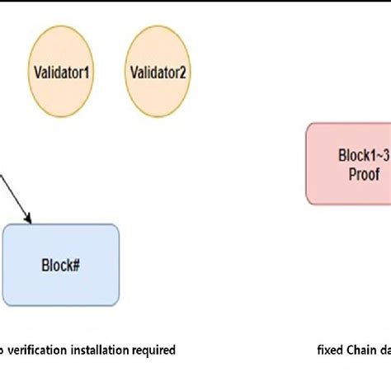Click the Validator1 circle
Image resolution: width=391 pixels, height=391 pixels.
point(62,72)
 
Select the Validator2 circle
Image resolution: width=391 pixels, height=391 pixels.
point(158,72)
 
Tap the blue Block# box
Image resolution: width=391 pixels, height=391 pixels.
point(61,266)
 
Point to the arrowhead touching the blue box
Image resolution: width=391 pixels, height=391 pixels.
point(29,219)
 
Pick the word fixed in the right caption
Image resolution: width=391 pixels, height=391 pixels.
point(330,350)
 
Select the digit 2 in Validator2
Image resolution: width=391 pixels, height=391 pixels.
point(183,72)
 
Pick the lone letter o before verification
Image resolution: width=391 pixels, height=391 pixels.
point(2,351)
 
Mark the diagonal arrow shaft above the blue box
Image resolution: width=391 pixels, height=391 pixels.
point(14,198)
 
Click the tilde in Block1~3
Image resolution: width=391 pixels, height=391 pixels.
point(378,155)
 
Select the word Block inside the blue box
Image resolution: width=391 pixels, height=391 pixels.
point(57,266)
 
